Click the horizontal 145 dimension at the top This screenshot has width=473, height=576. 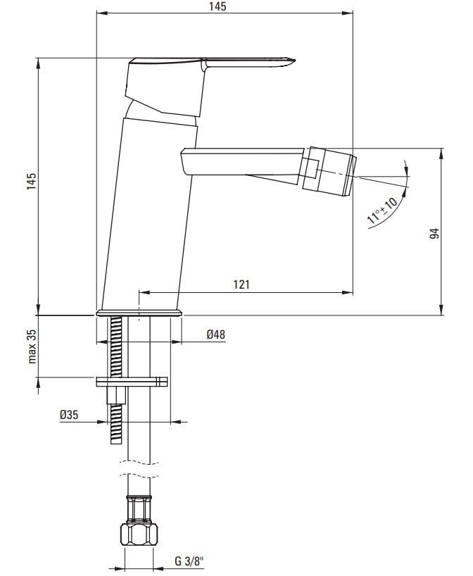click(x=217, y=6)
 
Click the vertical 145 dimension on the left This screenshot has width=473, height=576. click(x=32, y=181)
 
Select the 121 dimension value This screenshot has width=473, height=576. click(x=241, y=284)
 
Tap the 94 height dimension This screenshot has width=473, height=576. click(x=434, y=233)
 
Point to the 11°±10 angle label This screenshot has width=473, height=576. click(x=382, y=211)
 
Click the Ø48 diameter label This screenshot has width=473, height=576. click(x=215, y=334)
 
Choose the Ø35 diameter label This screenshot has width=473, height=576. click(x=69, y=415)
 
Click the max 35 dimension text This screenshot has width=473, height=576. click(x=32, y=346)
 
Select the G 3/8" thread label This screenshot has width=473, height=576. click(x=189, y=561)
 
